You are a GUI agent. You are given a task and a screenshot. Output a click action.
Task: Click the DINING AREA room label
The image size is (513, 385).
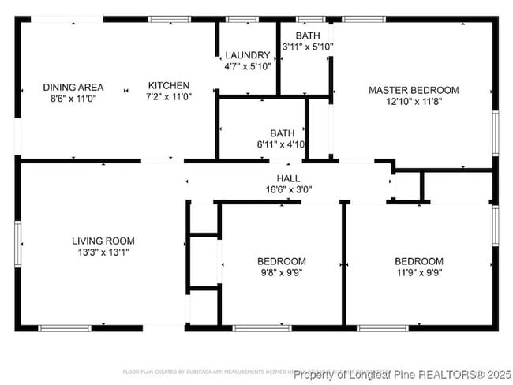[x=69, y=88]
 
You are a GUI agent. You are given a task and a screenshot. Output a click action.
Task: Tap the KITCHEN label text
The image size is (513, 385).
[x=168, y=86]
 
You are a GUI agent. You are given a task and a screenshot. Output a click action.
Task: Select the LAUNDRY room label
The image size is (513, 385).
[x=247, y=55]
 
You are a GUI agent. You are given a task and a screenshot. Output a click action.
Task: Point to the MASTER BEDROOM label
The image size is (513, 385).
[x=414, y=90]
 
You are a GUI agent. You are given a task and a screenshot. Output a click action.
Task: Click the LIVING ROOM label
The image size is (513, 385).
[x=103, y=241]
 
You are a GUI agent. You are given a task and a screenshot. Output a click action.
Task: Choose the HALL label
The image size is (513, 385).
[x=288, y=178]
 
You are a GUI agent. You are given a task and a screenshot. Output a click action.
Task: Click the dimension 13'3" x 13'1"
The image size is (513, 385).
[x=103, y=252]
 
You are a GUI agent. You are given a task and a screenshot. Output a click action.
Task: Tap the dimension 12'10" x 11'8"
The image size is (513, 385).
[x=414, y=102]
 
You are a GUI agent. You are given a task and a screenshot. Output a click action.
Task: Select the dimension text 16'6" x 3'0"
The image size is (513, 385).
[x=288, y=189]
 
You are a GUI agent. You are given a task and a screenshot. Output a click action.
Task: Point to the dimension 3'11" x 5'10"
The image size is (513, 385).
[x=308, y=47]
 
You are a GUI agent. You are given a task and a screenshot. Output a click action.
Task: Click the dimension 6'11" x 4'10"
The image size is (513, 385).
[x=282, y=145]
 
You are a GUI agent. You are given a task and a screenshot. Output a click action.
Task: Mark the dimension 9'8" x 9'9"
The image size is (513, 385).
[x=281, y=273]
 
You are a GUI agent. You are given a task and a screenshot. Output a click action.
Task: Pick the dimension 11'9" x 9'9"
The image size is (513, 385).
[x=418, y=273]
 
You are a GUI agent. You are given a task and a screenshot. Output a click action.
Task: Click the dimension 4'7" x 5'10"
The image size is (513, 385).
[x=247, y=67]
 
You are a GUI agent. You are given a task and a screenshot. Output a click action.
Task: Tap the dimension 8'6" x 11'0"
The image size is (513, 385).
[x=69, y=99]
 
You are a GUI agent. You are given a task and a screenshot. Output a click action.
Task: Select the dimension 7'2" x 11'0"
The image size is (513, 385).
[x=168, y=98]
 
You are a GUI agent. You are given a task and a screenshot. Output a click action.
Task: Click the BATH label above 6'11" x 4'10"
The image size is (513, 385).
[x=282, y=133]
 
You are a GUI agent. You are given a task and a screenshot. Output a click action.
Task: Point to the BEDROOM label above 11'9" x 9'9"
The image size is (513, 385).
[x=418, y=261]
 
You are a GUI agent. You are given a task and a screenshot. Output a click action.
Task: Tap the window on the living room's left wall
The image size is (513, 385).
[x=17, y=245]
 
